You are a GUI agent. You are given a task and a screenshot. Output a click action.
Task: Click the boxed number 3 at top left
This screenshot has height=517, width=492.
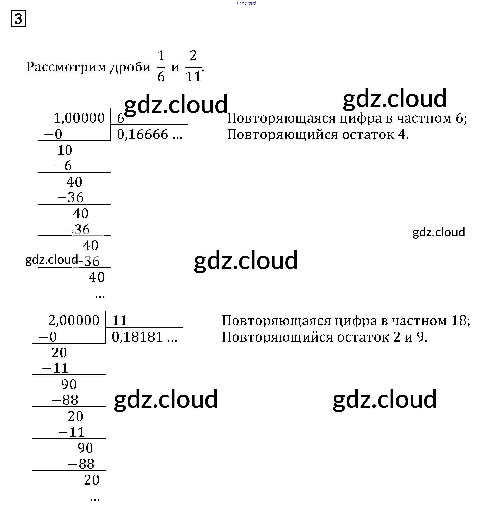click(x=18, y=18)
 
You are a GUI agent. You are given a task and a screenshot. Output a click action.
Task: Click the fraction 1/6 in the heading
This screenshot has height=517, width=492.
click(x=161, y=66)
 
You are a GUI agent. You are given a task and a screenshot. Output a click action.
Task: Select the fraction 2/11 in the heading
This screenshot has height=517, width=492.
click(x=193, y=66)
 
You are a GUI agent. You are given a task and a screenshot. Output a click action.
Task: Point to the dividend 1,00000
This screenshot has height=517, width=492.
click(x=79, y=118)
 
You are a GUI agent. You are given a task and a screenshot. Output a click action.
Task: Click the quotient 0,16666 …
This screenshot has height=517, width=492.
click(x=149, y=134)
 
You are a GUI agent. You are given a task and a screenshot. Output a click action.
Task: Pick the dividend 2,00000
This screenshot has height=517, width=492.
click(x=74, y=320)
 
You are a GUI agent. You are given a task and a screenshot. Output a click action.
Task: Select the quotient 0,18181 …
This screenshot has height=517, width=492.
click(x=144, y=337)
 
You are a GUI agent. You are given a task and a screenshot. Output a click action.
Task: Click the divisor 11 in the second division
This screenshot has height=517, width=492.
click(x=119, y=320)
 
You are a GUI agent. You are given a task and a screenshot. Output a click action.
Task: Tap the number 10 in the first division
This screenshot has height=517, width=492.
click(x=65, y=150)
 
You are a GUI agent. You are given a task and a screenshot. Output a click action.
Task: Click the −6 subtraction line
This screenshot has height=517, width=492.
click(x=63, y=166)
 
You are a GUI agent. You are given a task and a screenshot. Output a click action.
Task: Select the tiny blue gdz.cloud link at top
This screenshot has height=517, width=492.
click(x=246, y=3)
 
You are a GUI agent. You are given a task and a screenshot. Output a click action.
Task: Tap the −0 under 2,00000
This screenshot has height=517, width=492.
click(x=48, y=337)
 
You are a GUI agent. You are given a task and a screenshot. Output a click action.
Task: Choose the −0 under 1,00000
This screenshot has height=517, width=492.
click(x=53, y=134)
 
